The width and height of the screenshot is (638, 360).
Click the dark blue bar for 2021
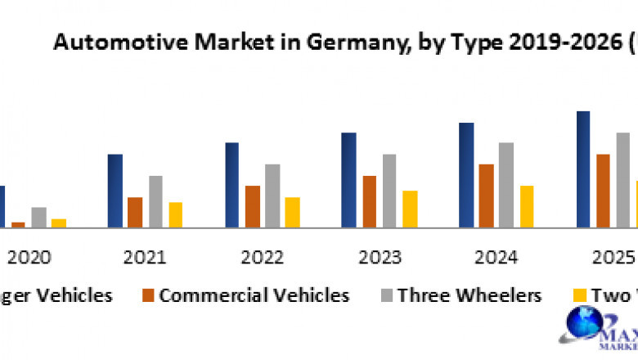[x=115, y=191]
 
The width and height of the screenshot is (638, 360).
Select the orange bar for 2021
[x=135, y=212]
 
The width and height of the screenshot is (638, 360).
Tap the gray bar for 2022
[x=272, y=196]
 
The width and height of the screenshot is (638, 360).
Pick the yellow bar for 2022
[x=292, y=212]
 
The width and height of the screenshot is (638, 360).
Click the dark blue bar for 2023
[x=348, y=180]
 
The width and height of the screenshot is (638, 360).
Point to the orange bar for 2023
[x=369, y=201]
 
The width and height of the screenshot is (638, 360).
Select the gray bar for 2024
[x=506, y=185]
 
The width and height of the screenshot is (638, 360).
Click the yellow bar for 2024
[x=526, y=206]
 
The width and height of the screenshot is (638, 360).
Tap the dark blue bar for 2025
[x=583, y=169]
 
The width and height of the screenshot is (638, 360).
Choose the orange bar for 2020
[x=18, y=224]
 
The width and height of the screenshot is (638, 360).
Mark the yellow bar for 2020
[x=58, y=223]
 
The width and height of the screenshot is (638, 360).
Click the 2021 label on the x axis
[x=145, y=257]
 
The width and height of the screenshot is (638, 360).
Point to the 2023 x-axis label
[x=380, y=257]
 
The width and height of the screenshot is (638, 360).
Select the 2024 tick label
[x=496, y=257]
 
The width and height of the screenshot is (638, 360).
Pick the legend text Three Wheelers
[x=470, y=295]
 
